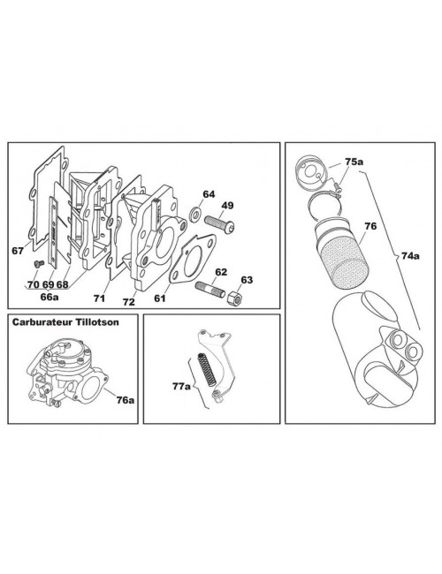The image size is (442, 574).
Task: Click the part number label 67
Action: coord(18,251)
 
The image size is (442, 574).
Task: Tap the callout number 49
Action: coord(227,206)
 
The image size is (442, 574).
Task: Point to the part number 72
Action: coord(129,301)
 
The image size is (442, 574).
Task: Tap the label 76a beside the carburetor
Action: coord(124,400)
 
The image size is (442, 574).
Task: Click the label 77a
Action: coord(180,385)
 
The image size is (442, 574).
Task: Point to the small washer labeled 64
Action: coord(192,213)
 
